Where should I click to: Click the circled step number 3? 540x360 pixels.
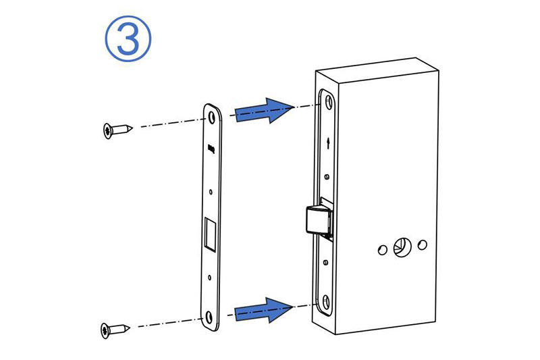pyautogui.click(x=128, y=38)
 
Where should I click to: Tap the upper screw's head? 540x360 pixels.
pyautogui.click(x=109, y=131)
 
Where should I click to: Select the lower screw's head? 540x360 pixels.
pyautogui.click(x=106, y=330)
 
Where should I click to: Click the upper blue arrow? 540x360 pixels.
pyautogui.click(x=263, y=111)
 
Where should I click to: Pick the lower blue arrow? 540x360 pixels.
pyautogui.click(x=263, y=310)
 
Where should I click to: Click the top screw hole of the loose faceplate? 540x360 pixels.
pyautogui.click(x=211, y=118)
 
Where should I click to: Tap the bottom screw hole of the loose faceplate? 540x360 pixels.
pyautogui.click(x=209, y=317)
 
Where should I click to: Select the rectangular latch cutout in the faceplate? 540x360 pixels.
pyautogui.click(x=210, y=234)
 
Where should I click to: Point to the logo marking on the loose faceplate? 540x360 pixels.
pyautogui.click(x=211, y=149)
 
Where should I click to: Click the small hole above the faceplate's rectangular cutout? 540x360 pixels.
pyautogui.click(x=211, y=192)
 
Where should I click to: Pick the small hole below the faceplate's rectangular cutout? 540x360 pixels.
pyautogui.click(x=209, y=278)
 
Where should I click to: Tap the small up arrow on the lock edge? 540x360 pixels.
pyautogui.click(x=328, y=143)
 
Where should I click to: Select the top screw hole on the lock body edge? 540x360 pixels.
pyautogui.click(x=329, y=102)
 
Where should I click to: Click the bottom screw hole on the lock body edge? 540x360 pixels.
pyautogui.click(x=326, y=303)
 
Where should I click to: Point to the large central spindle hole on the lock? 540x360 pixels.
pyautogui.click(x=402, y=247)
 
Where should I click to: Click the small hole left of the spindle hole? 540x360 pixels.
pyautogui.click(x=383, y=250)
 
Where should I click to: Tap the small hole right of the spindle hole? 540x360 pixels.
pyautogui.click(x=423, y=245)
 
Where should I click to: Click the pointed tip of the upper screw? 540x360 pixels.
pyautogui.click(x=132, y=128)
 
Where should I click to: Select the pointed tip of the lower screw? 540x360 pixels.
pyautogui.click(x=129, y=328)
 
